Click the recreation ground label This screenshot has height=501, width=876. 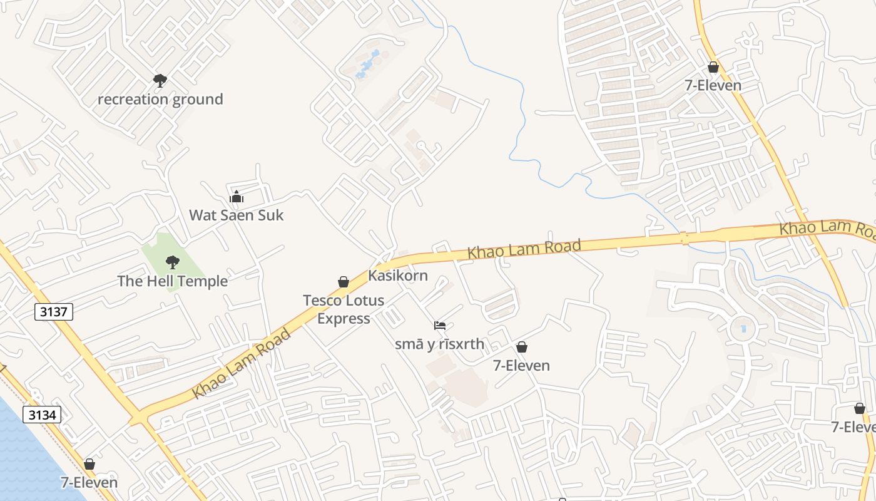point(160,99)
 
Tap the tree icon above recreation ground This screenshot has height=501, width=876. point(160,80)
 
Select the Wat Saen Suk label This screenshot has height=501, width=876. point(237,215)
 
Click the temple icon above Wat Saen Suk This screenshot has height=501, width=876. point(237,197)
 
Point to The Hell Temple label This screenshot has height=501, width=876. point(173,281)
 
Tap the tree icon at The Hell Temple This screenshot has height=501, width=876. point(172,262)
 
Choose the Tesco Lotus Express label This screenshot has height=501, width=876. point(344,309)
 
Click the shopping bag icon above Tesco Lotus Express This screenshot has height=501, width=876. point(344,282)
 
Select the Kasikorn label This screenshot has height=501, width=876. point(398,275)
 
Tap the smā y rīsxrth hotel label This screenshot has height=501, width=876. point(440,344)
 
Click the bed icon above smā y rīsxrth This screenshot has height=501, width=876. point(440,326)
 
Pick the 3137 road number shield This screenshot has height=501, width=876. point(54,311)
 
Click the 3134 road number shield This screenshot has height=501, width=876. point(42,414)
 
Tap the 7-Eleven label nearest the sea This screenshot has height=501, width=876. point(89,482)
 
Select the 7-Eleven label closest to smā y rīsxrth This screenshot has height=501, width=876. point(521,365)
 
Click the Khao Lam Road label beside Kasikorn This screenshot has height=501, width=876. point(524,249)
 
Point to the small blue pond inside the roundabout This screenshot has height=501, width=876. point(743,328)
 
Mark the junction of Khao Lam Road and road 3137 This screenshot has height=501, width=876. point(140,417)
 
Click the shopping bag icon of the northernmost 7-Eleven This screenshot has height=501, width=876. point(713,67)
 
